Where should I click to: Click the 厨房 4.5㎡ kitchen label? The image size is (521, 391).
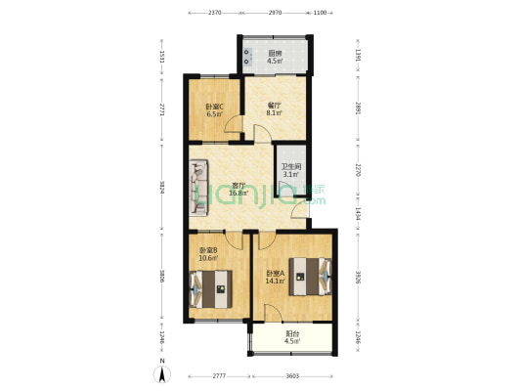tap(276, 57)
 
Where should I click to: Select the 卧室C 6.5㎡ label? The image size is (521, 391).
tap(214, 109)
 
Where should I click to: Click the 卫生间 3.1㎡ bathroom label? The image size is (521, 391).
tap(290, 170)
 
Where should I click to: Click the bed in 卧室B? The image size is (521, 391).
tap(211, 287)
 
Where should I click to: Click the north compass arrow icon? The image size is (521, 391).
tap(163, 373)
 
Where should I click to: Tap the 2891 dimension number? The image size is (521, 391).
tap(358, 109)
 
